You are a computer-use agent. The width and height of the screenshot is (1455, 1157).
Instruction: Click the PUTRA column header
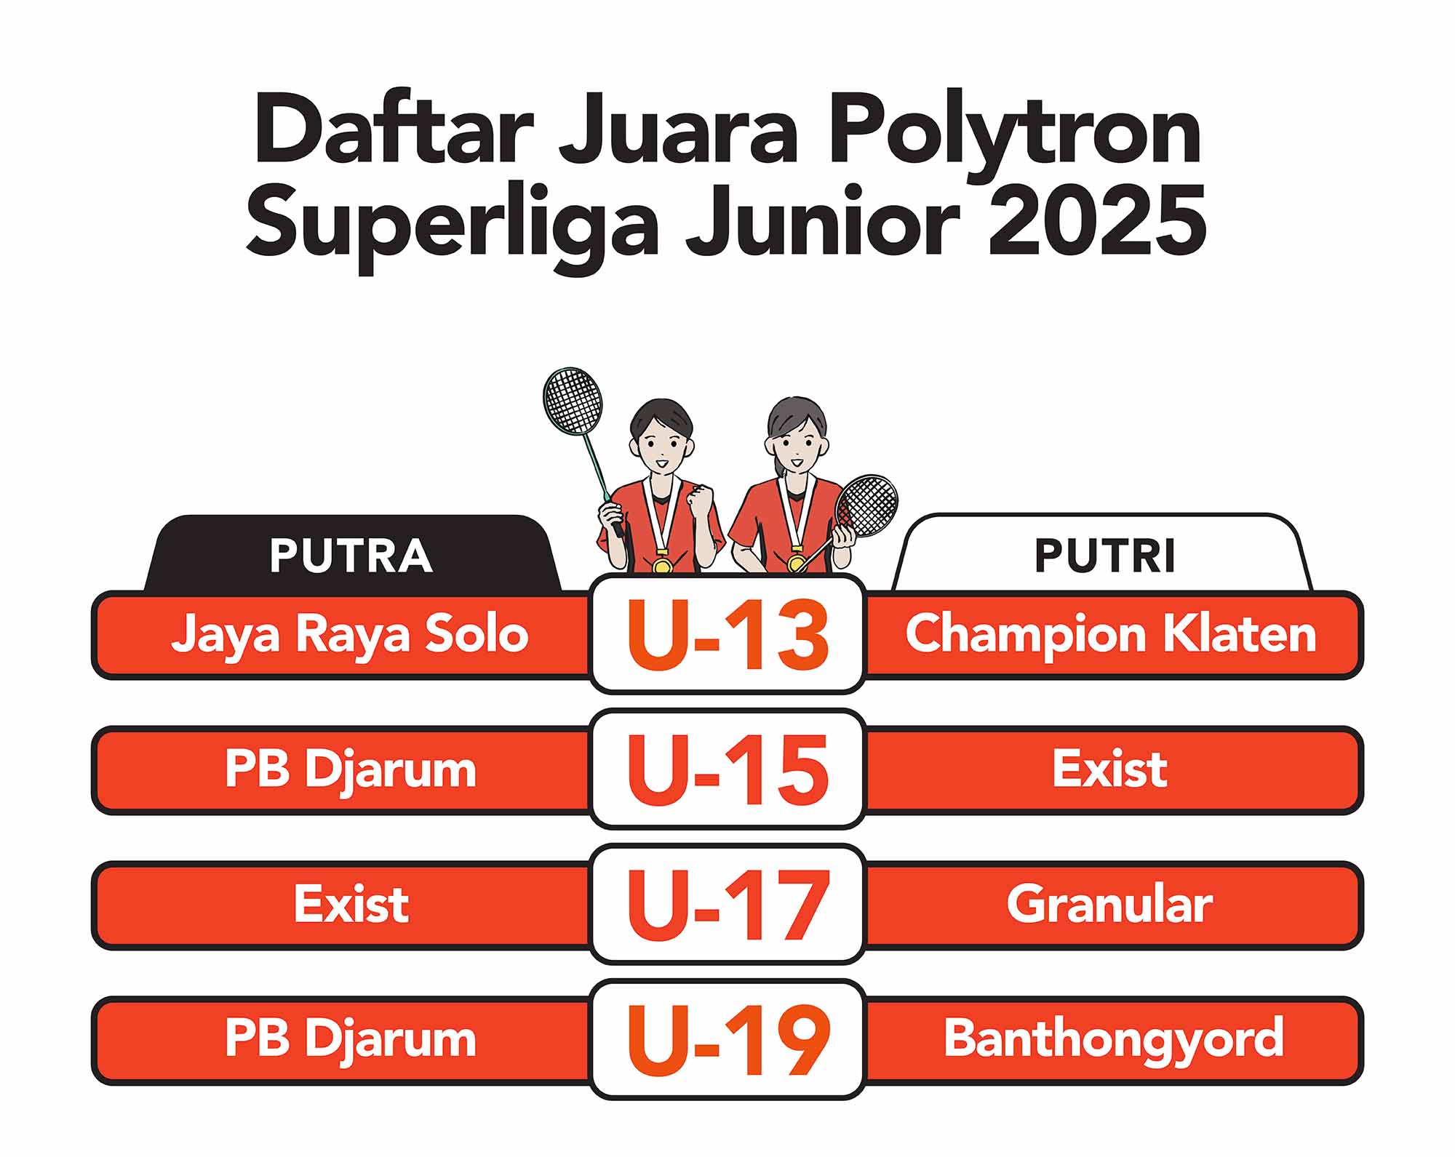351,556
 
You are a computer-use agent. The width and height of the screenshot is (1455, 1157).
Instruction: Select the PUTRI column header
1104,556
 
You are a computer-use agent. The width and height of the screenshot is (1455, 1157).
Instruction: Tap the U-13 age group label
727,634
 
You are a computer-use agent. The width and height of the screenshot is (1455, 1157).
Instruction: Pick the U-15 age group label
727,769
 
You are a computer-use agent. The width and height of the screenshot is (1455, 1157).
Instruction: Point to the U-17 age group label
727,905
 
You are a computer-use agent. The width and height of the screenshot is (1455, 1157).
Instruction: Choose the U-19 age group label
727,1040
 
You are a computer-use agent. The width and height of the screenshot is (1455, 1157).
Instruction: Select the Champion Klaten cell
1111,634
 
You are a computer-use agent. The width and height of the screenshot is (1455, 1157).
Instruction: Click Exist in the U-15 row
1109,769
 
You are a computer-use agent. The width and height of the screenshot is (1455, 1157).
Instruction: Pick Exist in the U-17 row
351,904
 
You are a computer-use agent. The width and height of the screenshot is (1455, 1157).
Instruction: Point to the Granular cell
1109,904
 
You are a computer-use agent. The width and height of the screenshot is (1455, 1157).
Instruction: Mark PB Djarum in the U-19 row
350,1041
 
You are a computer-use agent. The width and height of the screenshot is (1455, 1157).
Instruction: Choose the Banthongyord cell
1113,1041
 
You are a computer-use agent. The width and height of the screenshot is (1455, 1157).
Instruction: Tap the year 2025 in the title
1096,219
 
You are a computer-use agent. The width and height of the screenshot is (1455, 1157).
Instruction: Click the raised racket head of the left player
573,401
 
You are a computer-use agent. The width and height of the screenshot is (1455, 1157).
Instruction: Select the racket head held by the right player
866,506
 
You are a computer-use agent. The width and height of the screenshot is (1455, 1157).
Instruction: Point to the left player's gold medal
661,564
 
